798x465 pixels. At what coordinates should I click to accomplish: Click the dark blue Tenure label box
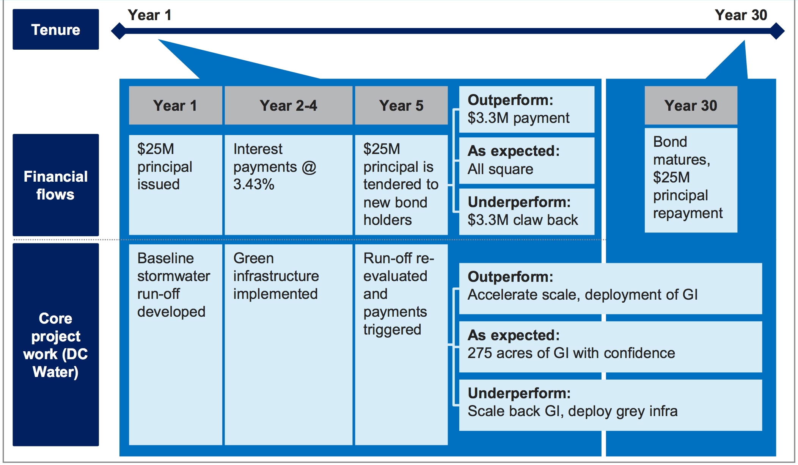coord(56,30)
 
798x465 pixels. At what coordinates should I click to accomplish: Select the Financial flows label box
coord(56,185)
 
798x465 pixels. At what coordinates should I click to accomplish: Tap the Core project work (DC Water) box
coord(56,344)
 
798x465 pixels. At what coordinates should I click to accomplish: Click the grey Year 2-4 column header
coord(288,105)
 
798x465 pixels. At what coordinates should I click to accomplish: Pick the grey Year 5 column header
coord(401,105)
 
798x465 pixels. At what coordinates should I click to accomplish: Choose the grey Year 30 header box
coord(691,105)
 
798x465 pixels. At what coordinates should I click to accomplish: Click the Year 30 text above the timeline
coord(740,15)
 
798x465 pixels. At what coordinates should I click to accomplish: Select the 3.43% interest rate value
coord(254,184)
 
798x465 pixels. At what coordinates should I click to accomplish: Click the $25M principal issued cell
coord(175,184)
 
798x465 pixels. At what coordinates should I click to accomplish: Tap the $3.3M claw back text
coord(523,220)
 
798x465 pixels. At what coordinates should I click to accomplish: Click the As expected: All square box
coord(526,160)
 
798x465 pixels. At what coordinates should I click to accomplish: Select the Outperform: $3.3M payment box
coord(526,109)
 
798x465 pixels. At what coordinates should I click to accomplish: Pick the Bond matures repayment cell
coord(691,180)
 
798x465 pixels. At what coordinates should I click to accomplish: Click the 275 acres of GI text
coord(571,353)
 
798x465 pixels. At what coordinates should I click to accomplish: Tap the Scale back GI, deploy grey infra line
coord(572,411)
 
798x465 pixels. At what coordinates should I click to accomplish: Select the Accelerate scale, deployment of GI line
coord(582,295)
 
